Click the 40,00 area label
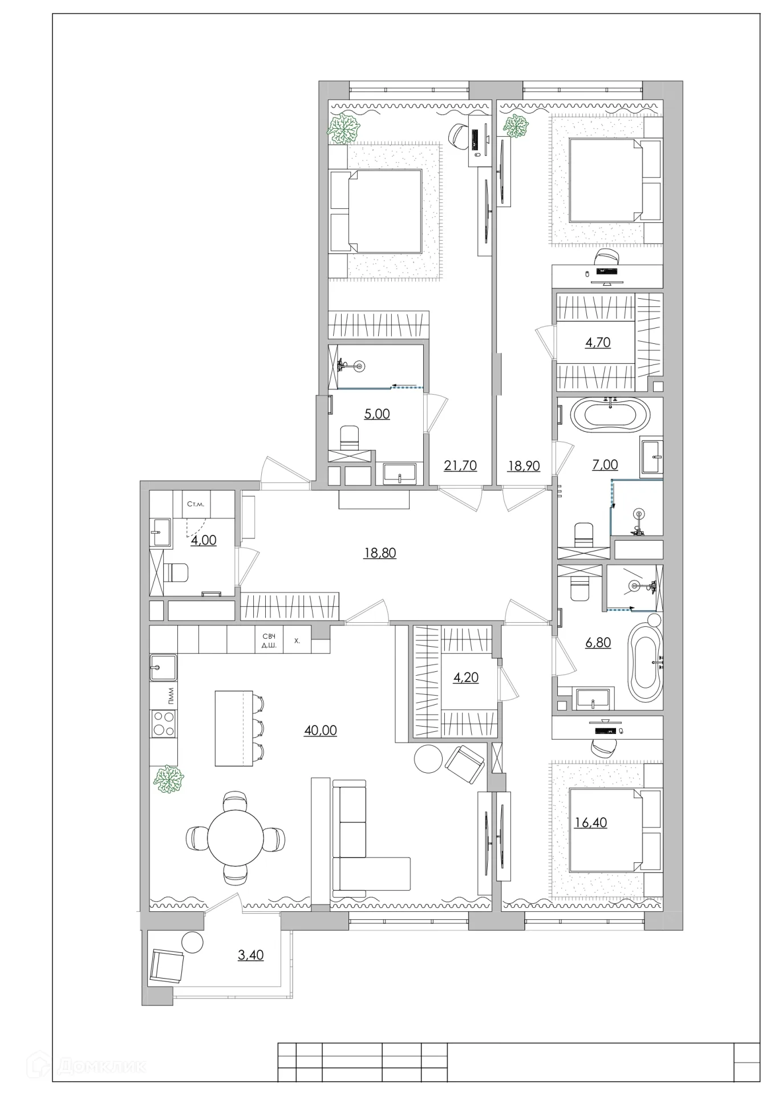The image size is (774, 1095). pyautogui.click(x=321, y=730)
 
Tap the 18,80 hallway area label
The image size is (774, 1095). pyautogui.click(x=380, y=553)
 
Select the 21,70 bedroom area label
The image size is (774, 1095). pyautogui.click(x=460, y=465)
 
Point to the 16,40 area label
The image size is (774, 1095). pyautogui.click(x=591, y=822)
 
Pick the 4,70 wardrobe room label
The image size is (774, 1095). pyautogui.click(x=598, y=342)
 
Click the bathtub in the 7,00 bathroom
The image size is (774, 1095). pyautogui.click(x=611, y=415)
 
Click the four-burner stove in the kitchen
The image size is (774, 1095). pyautogui.click(x=164, y=723)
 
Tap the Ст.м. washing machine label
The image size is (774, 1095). pyautogui.click(x=196, y=504)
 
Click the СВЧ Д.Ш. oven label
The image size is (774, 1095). pyautogui.click(x=269, y=640)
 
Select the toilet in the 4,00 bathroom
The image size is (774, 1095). pyautogui.click(x=175, y=573)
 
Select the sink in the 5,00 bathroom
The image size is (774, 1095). pyautogui.click(x=400, y=473)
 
